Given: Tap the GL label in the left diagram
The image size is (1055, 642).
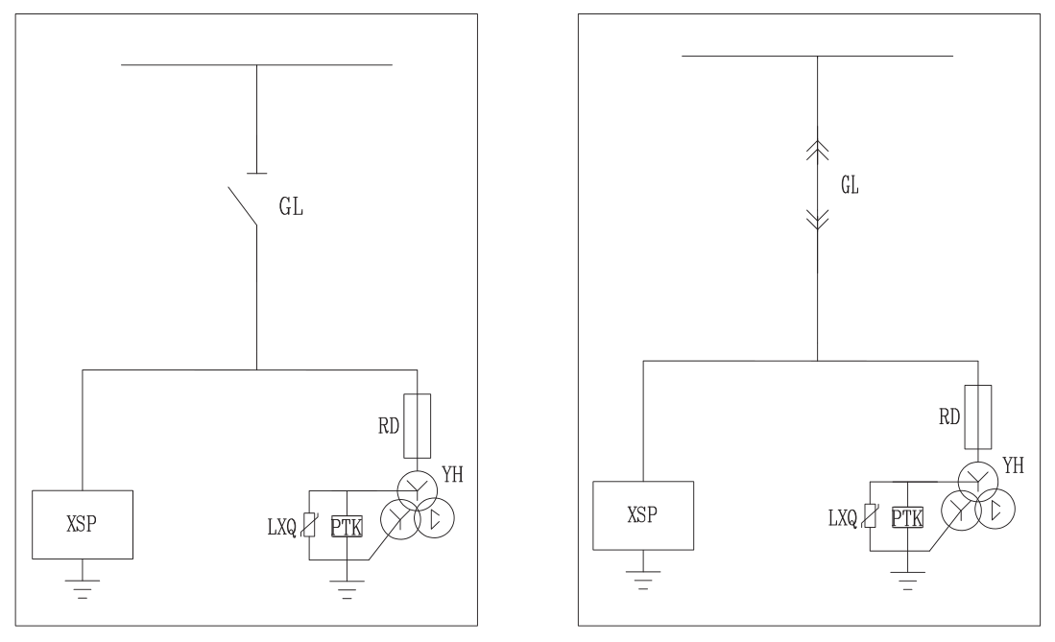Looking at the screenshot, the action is coord(291,206).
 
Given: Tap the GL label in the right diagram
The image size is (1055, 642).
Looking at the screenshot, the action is coord(850,184).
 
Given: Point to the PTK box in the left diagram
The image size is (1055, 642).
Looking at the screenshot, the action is coord(347,527).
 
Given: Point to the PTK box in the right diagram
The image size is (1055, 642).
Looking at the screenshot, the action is coord(907,517).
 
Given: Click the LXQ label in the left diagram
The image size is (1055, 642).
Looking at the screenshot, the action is coord(282,528).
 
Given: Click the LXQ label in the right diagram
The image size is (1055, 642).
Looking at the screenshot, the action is coord(843,518).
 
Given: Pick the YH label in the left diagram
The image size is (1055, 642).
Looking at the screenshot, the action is coord(453,474).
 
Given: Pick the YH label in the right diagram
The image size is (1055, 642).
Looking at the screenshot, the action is coord(1014,465).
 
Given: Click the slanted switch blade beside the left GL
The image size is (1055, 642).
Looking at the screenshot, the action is coord(242,206).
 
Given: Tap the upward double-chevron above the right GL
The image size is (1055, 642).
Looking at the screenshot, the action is coord(818,151).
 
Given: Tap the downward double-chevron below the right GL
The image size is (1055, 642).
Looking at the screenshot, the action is coord(818,220).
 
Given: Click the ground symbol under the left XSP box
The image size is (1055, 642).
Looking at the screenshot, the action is coord(83,589).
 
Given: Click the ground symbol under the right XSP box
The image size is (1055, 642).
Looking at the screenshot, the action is coord(643,580).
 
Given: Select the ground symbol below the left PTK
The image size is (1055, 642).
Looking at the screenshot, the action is coord(347,589).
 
